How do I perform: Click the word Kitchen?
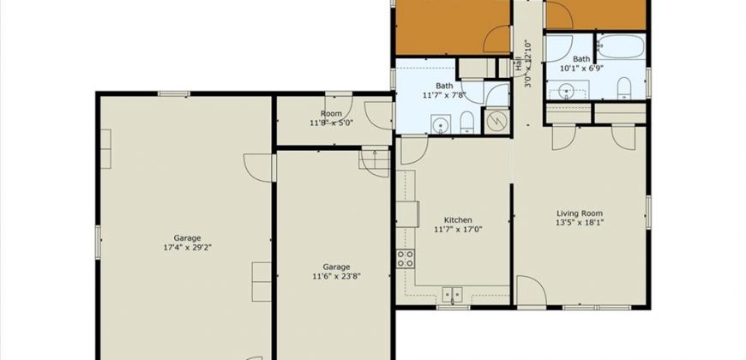[x=458, y=220]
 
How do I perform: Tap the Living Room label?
[x=580, y=213]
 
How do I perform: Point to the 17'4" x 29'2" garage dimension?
[x=187, y=248]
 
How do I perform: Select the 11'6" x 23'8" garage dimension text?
[x=336, y=276]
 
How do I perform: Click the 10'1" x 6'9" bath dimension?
[x=581, y=68]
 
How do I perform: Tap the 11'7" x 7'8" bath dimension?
[x=444, y=94]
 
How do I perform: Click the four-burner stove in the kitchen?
[x=406, y=258]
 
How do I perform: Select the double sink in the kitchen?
[x=453, y=295]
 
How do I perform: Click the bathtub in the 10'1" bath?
[x=622, y=46]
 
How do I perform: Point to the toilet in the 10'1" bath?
[x=623, y=88]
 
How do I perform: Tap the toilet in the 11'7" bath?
[x=467, y=123]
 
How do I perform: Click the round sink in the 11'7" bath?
[x=441, y=124]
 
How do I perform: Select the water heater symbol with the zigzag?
[x=496, y=121]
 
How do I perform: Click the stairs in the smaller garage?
[x=375, y=159]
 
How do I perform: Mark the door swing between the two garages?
[x=259, y=167]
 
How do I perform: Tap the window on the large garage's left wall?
[x=98, y=243]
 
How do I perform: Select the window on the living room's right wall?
[x=648, y=212]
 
